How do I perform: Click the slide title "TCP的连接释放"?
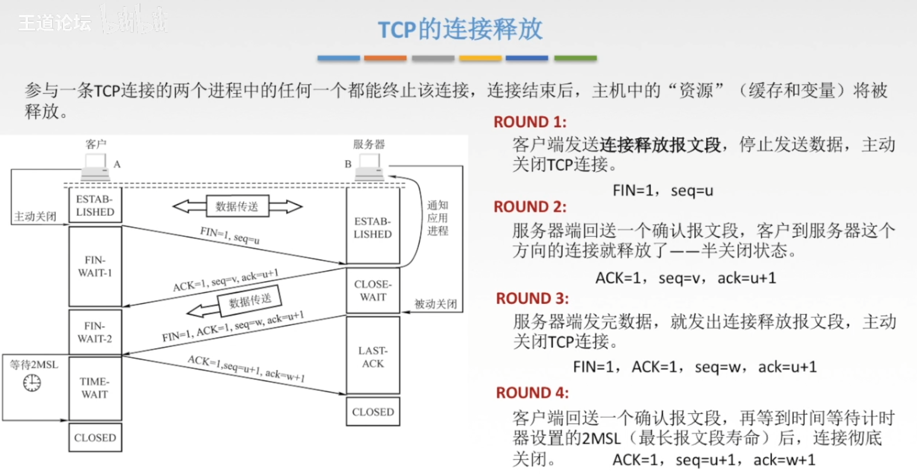pyautogui.click(x=459, y=29)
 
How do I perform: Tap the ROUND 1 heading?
pyautogui.click(x=529, y=122)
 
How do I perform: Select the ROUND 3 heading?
pyautogui.click(x=532, y=298)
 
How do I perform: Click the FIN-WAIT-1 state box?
pyautogui.click(x=95, y=266)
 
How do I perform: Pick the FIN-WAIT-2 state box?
pyautogui.click(x=95, y=332)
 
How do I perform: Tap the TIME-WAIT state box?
pyautogui.click(x=95, y=388)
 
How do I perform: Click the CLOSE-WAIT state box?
pyautogui.click(x=373, y=290)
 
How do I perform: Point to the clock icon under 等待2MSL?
pyautogui.click(x=32, y=383)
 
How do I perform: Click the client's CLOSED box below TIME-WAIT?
pyautogui.click(x=95, y=438)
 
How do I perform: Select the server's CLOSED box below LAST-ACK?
pyautogui.click(x=373, y=412)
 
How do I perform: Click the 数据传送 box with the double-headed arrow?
pyautogui.click(x=237, y=206)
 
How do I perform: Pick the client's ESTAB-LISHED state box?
pyautogui.click(x=95, y=206)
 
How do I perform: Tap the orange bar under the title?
pyautogui.click(x=385, y=58)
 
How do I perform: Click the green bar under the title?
pyautogui.click(x=575, y=58)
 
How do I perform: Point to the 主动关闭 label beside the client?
pyautogui.click(x=35, y=216)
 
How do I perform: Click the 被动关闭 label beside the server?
pyautogui.click(x=435, y=304)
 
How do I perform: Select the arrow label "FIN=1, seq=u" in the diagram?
pyautogui.click(x=229, y=235)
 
